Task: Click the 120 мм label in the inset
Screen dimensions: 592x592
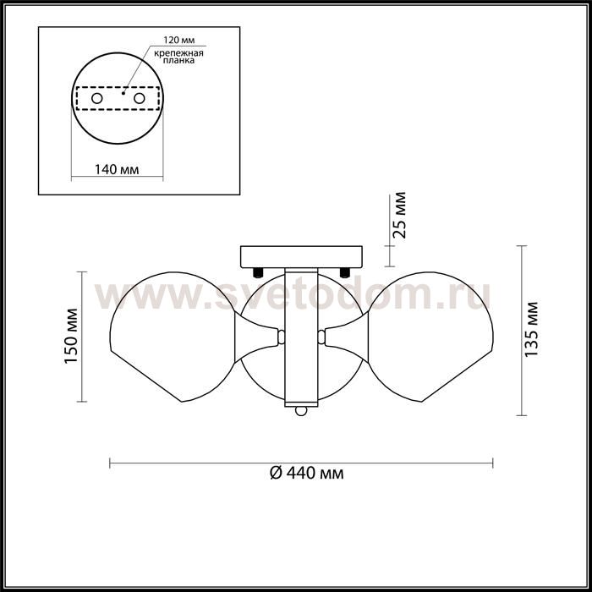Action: tap(179, 41)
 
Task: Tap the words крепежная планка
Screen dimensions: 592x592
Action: tap(179, 57)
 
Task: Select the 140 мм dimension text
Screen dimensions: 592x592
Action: tap(117, 169)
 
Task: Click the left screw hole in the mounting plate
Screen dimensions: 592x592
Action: tap(97, 99)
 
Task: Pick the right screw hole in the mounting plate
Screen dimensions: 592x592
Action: tap(139, 99)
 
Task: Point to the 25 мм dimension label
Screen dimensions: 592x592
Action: tap(399, 215)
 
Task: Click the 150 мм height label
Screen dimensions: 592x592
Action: tap(71, 336)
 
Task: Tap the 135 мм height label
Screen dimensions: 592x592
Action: tap(531, 329)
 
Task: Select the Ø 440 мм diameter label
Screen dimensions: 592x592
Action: tap(307, 473)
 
